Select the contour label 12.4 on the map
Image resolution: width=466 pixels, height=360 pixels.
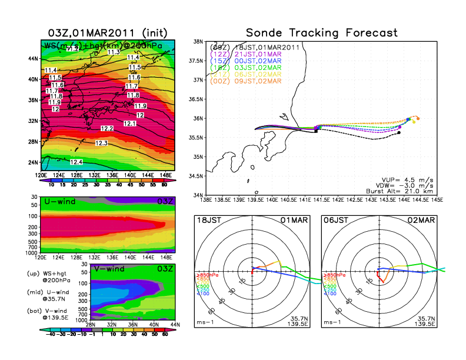pos(76,162)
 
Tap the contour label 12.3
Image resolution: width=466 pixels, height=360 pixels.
pos(101,143)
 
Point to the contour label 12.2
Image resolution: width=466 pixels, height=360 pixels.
pos(107,128)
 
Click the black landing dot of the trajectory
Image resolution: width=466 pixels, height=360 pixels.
pos(399,133)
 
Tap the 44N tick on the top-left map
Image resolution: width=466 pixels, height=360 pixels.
pos(33,58)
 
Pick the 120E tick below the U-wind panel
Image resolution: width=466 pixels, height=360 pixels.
pos(41,257)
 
